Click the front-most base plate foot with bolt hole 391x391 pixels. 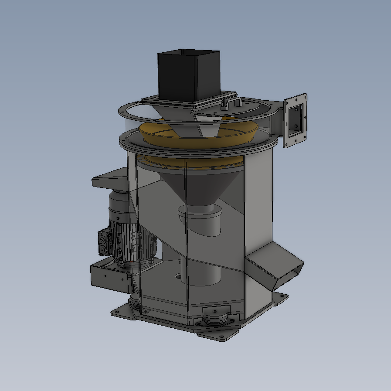click(216, 335)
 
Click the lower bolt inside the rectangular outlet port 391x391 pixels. click(297, 126)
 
